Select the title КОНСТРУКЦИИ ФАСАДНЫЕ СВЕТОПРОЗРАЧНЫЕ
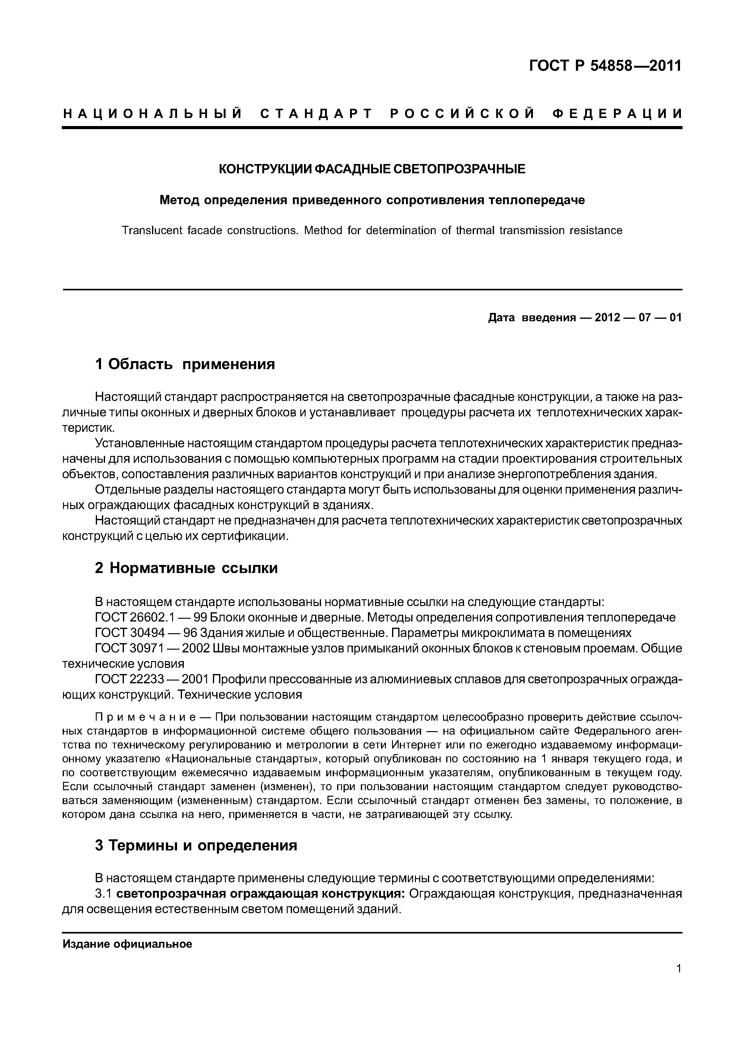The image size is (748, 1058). pos(371,169)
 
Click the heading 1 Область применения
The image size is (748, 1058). pos(185,364)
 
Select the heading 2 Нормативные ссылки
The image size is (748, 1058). pos(186,568)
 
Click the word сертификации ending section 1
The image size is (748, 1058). pos(247,536)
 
